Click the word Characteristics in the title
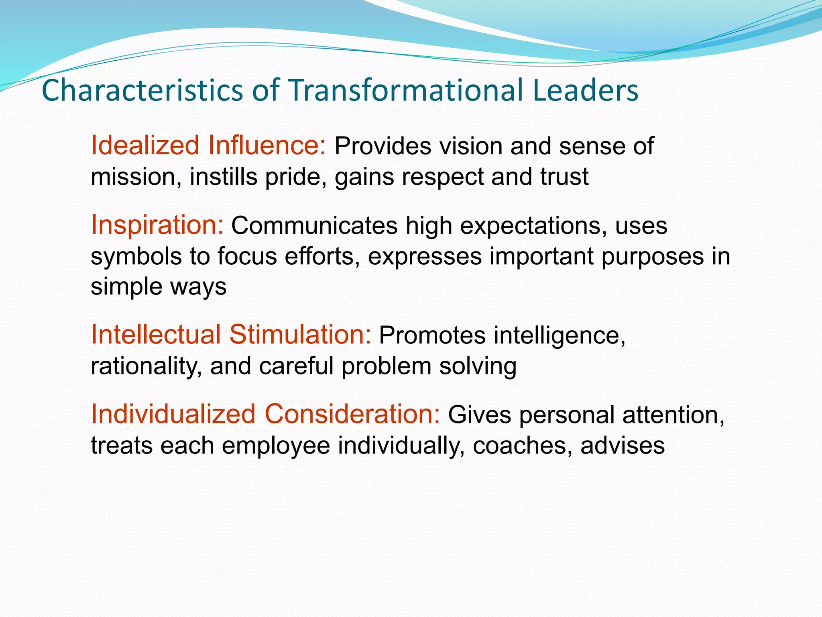click(142, 90)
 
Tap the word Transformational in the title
click(405, 90)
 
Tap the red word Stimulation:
click(301, 334)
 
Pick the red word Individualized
click(173, 414)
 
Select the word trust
click(564, 177)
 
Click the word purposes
click(652, 256)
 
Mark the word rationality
click(146, 366)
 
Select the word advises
click(623, 445)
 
